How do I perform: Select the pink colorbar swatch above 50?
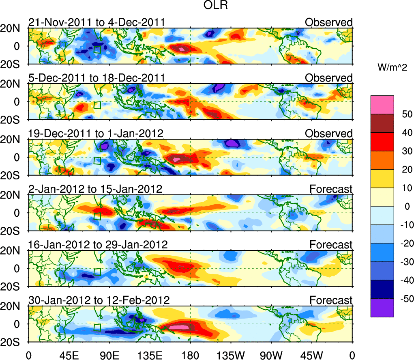pos(382,104)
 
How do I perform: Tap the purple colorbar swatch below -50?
pos(382,308)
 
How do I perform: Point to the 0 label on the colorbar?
pos(403,207)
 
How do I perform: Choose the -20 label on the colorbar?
pos(403,244)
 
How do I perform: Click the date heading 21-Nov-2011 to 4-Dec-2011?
pos(97,22)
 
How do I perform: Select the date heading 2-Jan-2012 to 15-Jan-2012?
pos(95,189)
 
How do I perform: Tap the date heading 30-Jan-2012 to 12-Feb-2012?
pos(99,300)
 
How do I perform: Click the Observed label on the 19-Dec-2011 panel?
pos(328,133)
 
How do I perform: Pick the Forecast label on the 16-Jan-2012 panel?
pos(331,244)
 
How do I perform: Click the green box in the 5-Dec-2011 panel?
pos(97,105)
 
